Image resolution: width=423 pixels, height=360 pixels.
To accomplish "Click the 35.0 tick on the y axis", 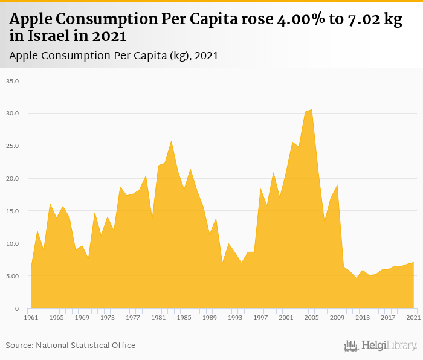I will [13, 81].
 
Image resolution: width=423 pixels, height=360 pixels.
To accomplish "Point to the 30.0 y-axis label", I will [13, 114].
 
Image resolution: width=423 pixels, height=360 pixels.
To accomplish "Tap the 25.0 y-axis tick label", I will [13, 146].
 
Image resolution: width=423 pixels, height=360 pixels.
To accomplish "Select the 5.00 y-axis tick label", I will [13, 276].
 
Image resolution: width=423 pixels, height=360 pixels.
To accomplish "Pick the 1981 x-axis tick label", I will [158, 317].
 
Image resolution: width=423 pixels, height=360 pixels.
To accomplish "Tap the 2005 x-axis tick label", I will [311, 317].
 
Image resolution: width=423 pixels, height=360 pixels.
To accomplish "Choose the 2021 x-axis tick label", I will [413, 317].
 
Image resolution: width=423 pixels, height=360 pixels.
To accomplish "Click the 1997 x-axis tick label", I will [260, 317].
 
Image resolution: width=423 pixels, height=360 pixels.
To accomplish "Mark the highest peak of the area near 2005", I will [311, 110].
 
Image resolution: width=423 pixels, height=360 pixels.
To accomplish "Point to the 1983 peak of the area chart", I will [171, 141].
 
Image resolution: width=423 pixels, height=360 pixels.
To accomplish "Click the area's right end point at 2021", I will [413, 263].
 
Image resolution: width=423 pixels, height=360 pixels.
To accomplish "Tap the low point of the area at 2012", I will [356, 278].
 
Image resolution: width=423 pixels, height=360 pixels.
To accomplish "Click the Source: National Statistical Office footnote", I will [71, 346].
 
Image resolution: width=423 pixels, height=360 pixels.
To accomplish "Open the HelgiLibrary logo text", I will [389, 346].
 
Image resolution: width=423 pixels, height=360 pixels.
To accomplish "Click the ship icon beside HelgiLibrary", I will [351, 346].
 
